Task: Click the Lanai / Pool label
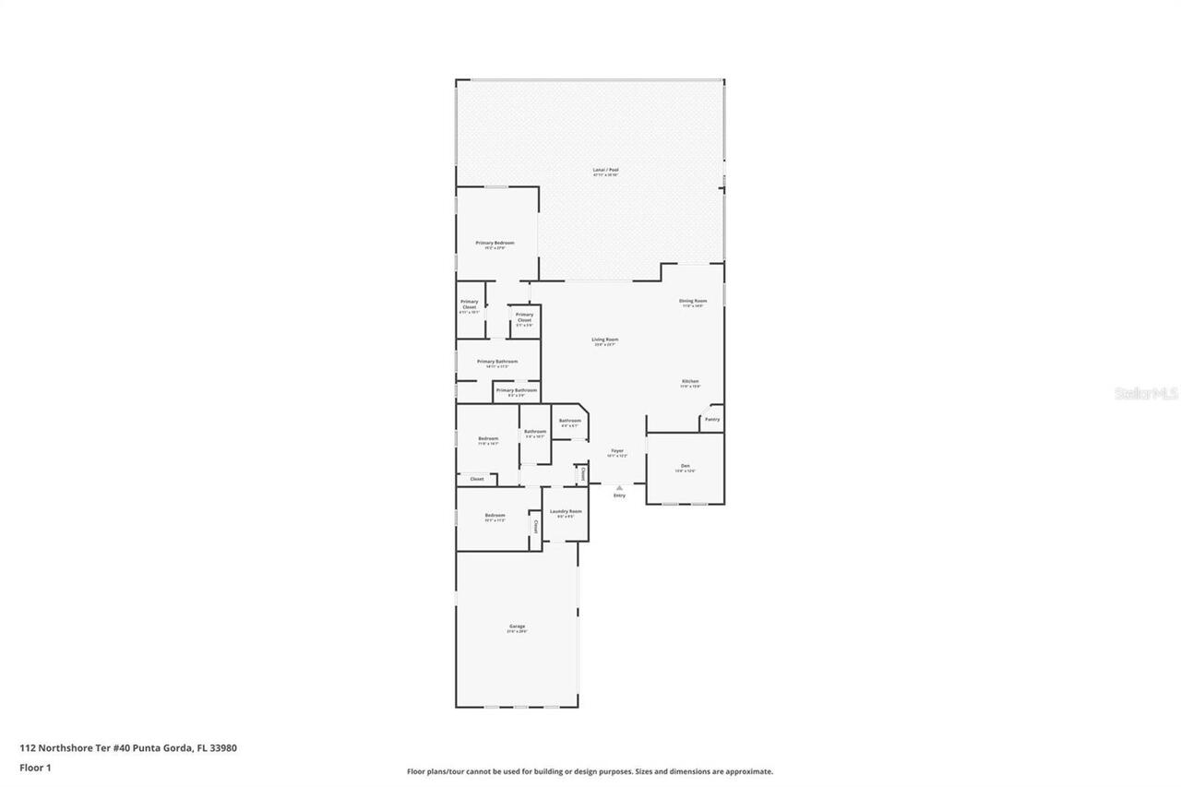605,170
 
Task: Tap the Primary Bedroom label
495,243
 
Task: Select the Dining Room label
693,301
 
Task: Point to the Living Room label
605,340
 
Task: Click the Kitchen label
690,381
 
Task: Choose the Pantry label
712,419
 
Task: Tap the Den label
685,465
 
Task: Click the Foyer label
617,451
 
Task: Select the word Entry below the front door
619,495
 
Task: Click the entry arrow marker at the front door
619,486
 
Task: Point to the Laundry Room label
566,511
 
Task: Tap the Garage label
517,626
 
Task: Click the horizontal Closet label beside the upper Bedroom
477,479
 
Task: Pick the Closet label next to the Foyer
582,474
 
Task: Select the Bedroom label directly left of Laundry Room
495,515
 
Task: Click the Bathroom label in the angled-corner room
569,421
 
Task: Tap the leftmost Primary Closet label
470,302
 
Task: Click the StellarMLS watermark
1146,393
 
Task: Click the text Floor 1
35,767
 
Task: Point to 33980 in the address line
222,748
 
